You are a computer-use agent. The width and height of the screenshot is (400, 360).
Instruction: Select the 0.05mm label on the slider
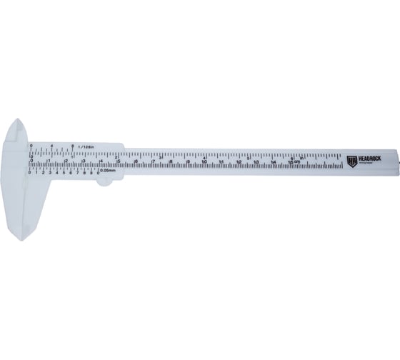108,170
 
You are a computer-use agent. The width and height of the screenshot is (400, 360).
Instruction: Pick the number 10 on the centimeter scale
205,161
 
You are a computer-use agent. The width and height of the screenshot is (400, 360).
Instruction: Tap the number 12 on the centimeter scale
239,161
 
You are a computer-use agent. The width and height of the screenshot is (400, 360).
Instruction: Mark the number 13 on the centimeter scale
256,161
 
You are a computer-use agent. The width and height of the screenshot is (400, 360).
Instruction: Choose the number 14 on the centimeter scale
274,161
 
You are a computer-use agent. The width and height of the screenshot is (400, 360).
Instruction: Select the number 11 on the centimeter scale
222,161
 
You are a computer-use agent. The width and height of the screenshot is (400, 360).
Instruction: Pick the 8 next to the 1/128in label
73,146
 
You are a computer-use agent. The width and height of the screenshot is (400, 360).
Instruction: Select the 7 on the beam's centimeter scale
153,161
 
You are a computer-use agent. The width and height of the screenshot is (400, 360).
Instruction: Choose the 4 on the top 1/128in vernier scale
52,146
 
